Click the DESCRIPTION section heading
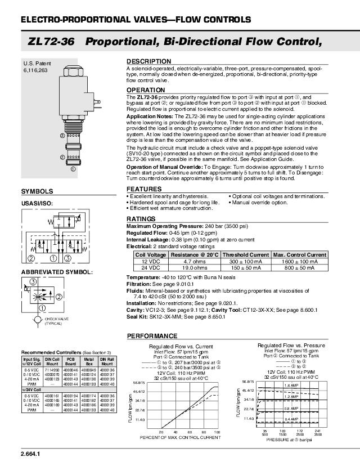click(x=148, y=61)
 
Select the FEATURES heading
click(x=145, y=189)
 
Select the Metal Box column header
click(x=88, y=361)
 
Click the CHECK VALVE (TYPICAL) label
click(x=54, y=322)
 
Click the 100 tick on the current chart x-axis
click(x=217, y=432)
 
